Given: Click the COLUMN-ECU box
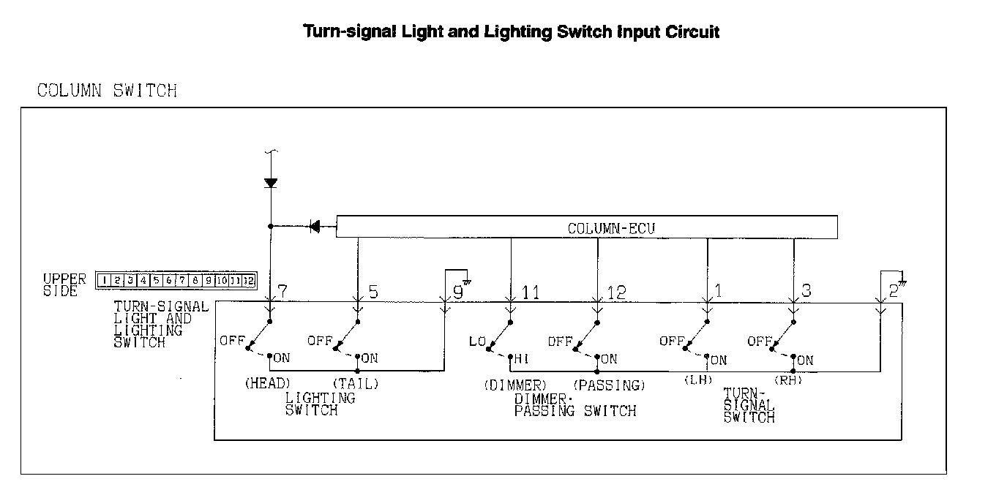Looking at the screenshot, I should (586, 227).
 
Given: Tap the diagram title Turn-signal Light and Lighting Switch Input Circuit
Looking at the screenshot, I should (512, 32).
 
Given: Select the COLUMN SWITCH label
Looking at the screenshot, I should (107, 91).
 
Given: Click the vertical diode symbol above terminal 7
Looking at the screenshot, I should (271, 183).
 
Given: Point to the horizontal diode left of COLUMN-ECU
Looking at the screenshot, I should (315, 227).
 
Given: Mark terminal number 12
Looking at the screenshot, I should (616, 292).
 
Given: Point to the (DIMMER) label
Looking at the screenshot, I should (514, 385).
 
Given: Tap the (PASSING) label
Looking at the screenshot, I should (609, 385).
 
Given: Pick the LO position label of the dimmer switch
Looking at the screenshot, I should (477, 341).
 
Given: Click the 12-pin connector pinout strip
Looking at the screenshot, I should (176, 280).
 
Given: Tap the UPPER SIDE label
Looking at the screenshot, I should (64, 284).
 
